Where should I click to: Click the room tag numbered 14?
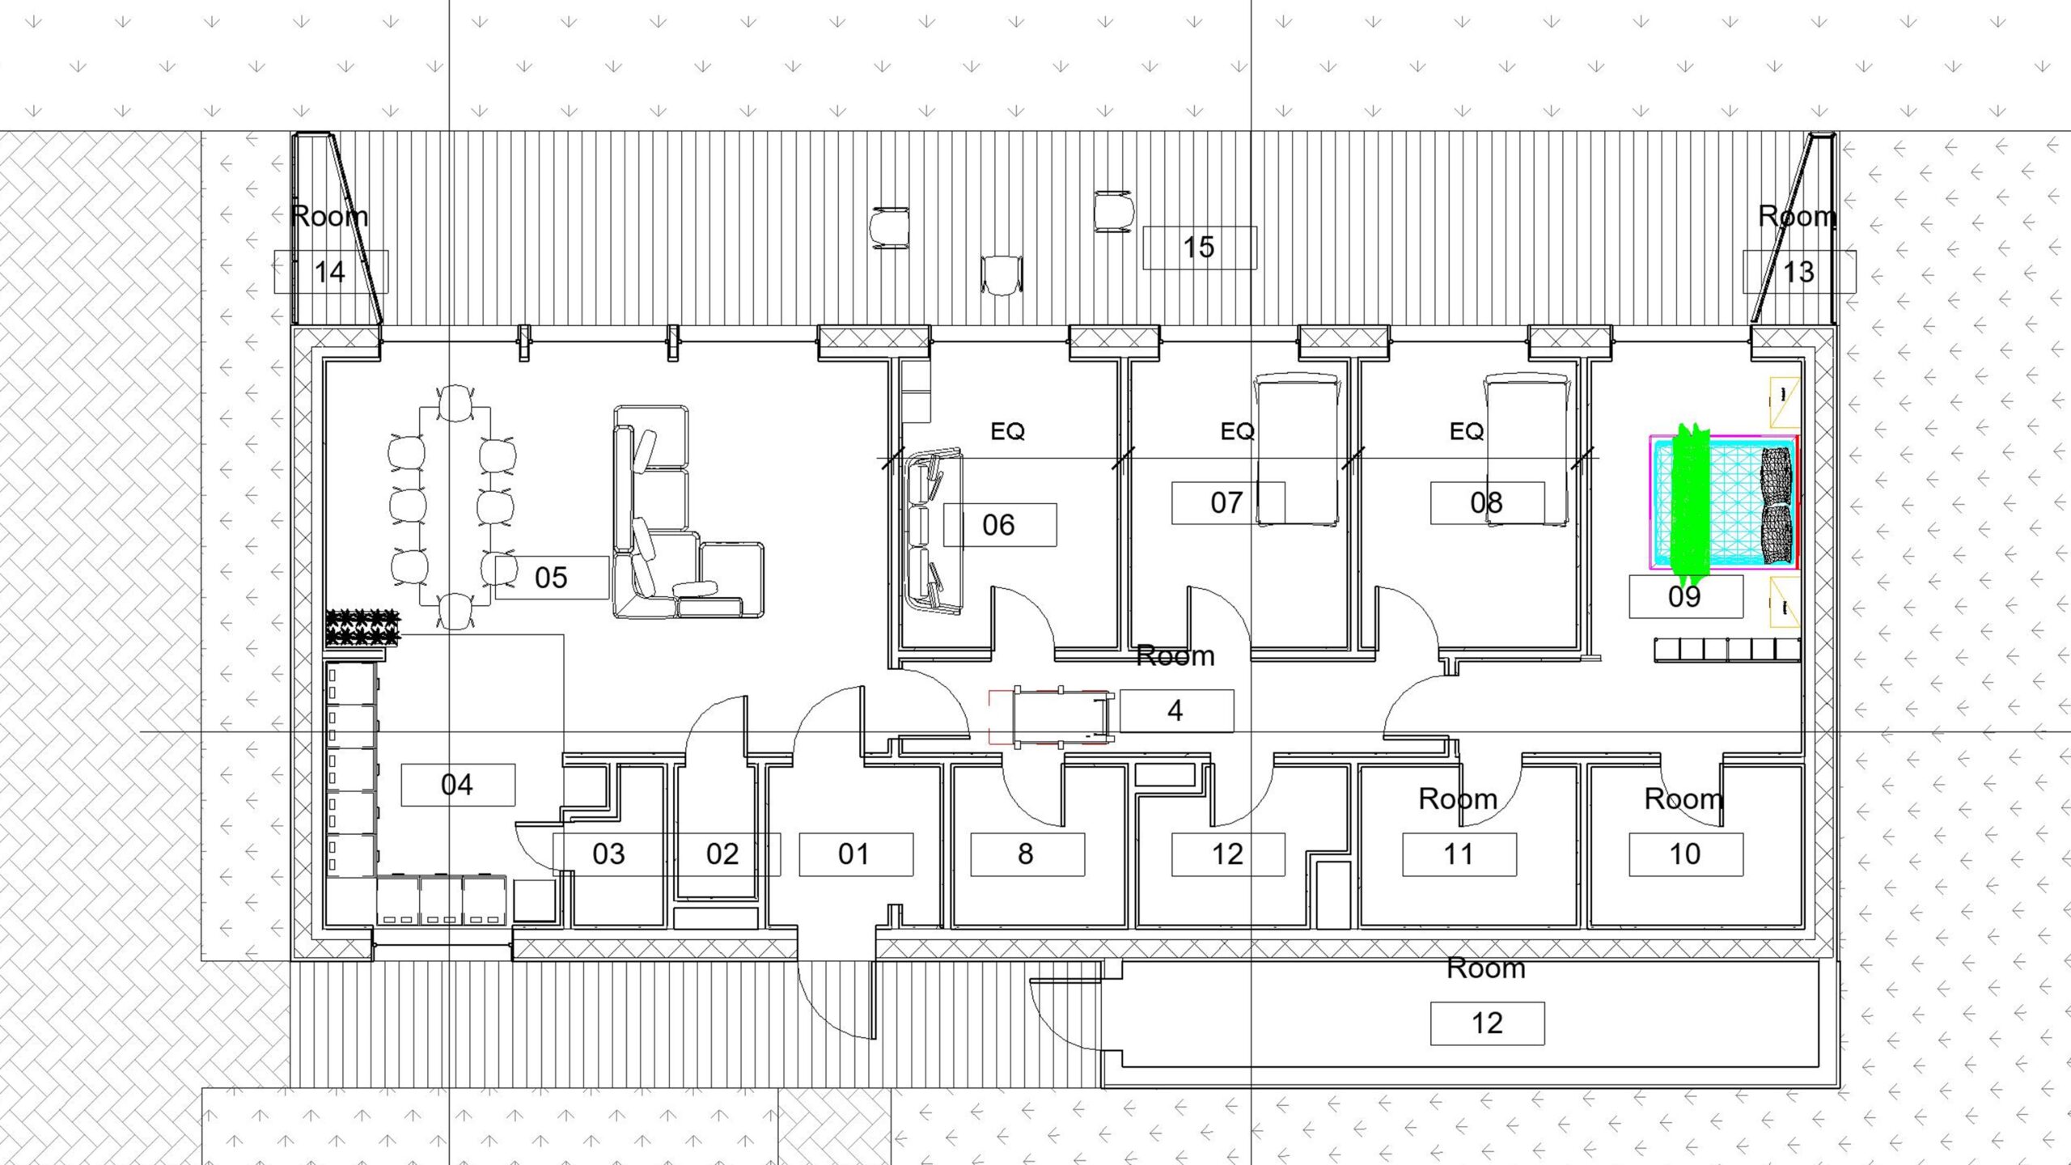330,271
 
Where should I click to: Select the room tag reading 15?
1199,247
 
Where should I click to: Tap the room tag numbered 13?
1798,272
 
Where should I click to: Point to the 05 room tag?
551,578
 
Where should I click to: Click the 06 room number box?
999,525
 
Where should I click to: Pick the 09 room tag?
1685,596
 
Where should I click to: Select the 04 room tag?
458,785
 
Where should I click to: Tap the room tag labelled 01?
855,854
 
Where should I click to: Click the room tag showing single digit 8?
1027,854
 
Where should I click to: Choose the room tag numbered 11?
1459,854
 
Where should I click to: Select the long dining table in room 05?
455,506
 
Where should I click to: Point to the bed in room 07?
1295,450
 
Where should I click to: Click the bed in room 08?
1526,450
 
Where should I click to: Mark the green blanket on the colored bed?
1690,506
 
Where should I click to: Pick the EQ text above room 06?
1007,431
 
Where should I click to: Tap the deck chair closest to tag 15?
1113,212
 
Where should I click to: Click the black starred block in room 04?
363,628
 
